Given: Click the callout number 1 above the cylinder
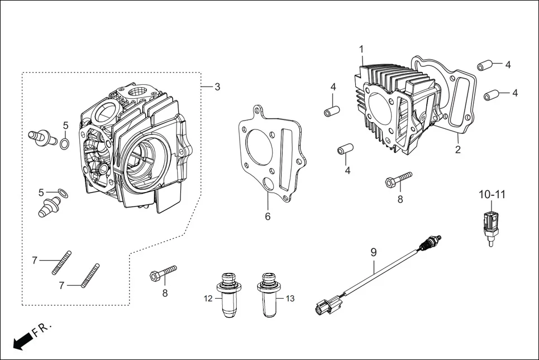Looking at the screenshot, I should (361, 49).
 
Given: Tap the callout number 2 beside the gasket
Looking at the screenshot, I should (457, 150).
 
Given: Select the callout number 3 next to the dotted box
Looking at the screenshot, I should (217, 87).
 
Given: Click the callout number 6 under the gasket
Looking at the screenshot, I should (268, 216).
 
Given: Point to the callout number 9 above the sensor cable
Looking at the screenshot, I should (374, 252).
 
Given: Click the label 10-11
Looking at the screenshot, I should (492, 195).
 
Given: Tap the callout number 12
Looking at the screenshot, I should (208, 299).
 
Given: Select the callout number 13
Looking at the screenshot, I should (289, 299).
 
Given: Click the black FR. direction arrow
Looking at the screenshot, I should (22, 340).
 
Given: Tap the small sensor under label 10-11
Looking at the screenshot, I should (491, 226).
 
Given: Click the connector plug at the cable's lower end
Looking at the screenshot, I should (323, 306).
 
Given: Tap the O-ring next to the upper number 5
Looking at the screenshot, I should (65, 145).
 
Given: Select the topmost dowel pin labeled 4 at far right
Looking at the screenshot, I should (484, 65).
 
